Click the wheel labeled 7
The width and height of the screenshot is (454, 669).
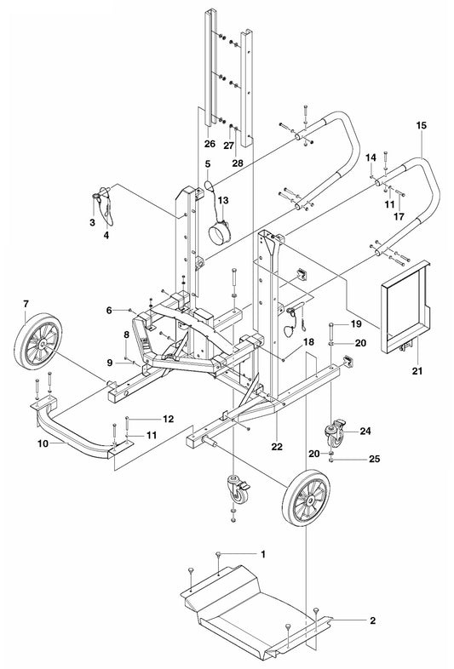[x=38, y=341]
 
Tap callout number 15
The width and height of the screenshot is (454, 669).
[x=421, y=125]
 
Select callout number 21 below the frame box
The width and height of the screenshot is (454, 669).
[x=417, y=371]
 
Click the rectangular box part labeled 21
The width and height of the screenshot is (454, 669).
[x=405, y=306]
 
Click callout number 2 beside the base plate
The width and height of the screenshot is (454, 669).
[x=373, y=620]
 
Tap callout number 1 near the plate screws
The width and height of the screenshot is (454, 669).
[x=263, y=554]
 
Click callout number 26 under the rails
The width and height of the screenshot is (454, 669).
[x=210, y=144]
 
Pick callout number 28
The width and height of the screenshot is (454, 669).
[x=238, y=163]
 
